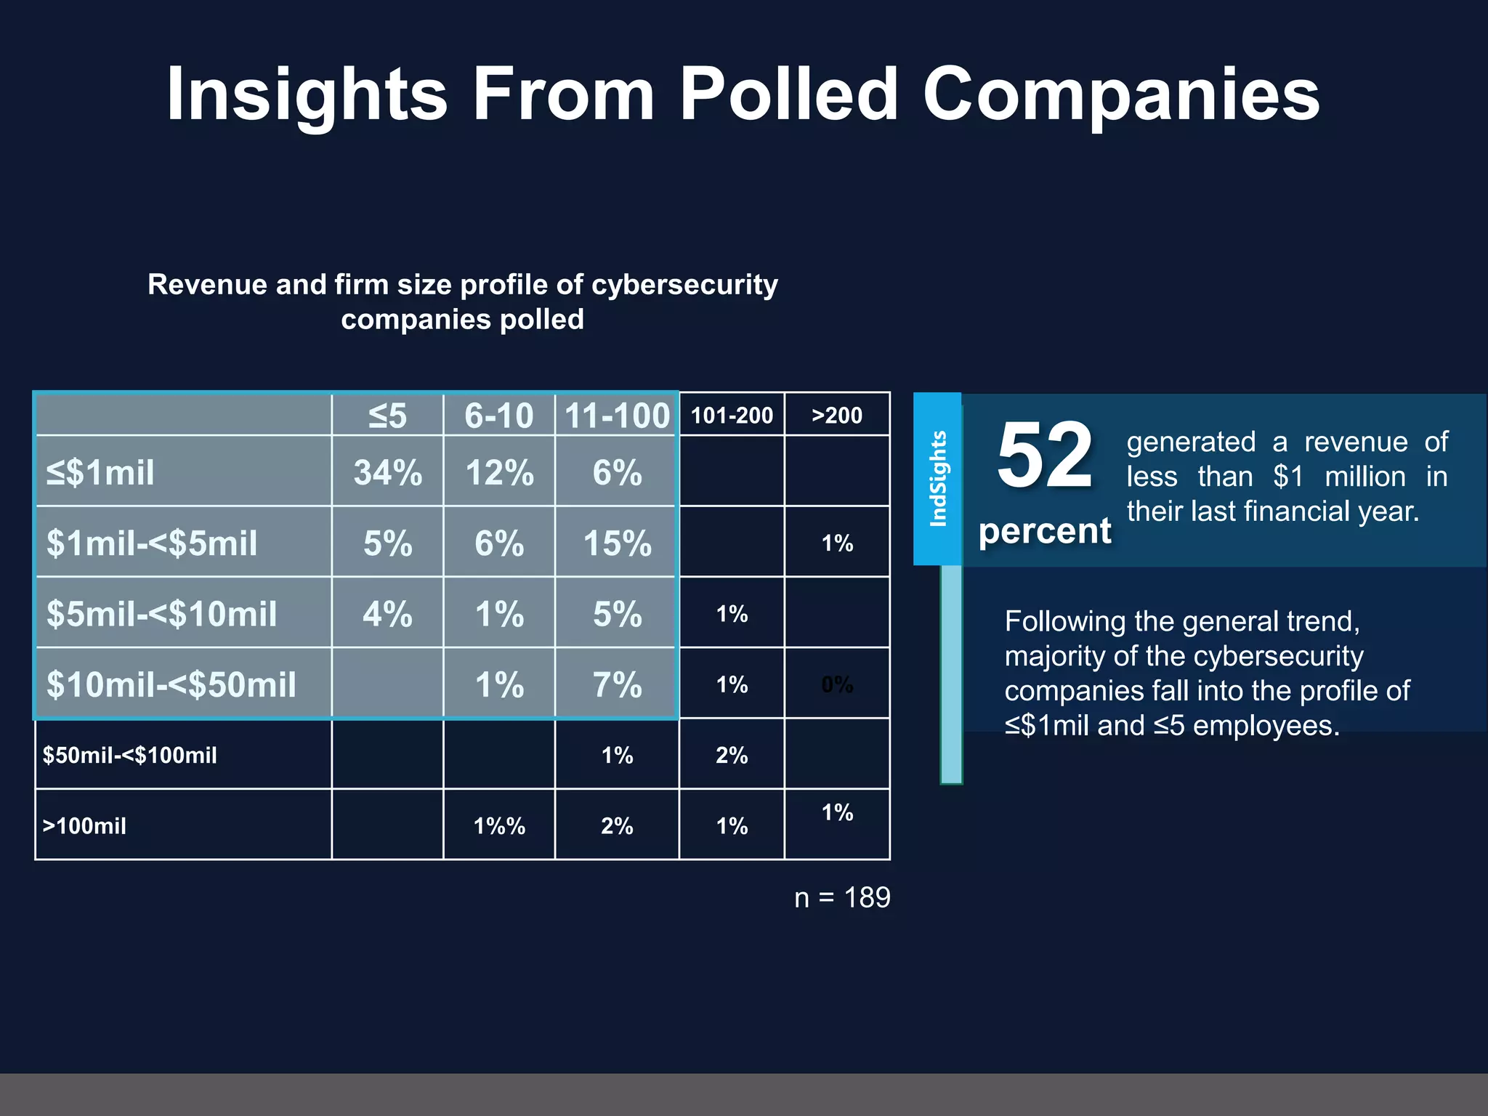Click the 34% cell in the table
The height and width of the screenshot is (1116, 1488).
(x=387, y=473)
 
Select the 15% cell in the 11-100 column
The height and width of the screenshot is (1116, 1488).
(x=617, y=543)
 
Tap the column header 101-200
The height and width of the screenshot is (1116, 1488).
(x=732, y=416)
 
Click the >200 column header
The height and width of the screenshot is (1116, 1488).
(x=837, y=416)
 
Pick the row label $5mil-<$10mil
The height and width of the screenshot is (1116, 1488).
(x=161, y=614)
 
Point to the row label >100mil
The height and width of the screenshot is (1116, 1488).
(x=84, y=826)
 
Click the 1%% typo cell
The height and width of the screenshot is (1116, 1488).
(x=499, y=826)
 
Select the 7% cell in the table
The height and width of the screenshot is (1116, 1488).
(x=617, y=684)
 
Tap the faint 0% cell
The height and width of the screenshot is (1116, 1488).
(x=837, y=684)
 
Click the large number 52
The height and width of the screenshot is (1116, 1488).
(x=1044, y=456)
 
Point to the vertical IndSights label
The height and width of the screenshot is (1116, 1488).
(x=938, y=478)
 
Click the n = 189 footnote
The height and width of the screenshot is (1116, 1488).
(x=842, y=898)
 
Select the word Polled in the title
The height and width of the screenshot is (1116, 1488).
(x=789, y=94)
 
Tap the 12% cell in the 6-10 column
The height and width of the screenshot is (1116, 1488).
(x=499, y=473)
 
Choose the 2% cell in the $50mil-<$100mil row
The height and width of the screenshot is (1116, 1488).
(x=732, y=756)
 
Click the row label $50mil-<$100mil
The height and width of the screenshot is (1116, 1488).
(x=129, y=756)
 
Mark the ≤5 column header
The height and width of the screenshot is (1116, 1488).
(x=387, y=416)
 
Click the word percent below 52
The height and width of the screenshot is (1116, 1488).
(x=1044, y=531)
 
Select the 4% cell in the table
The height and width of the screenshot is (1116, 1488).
(x=387, y=614)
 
